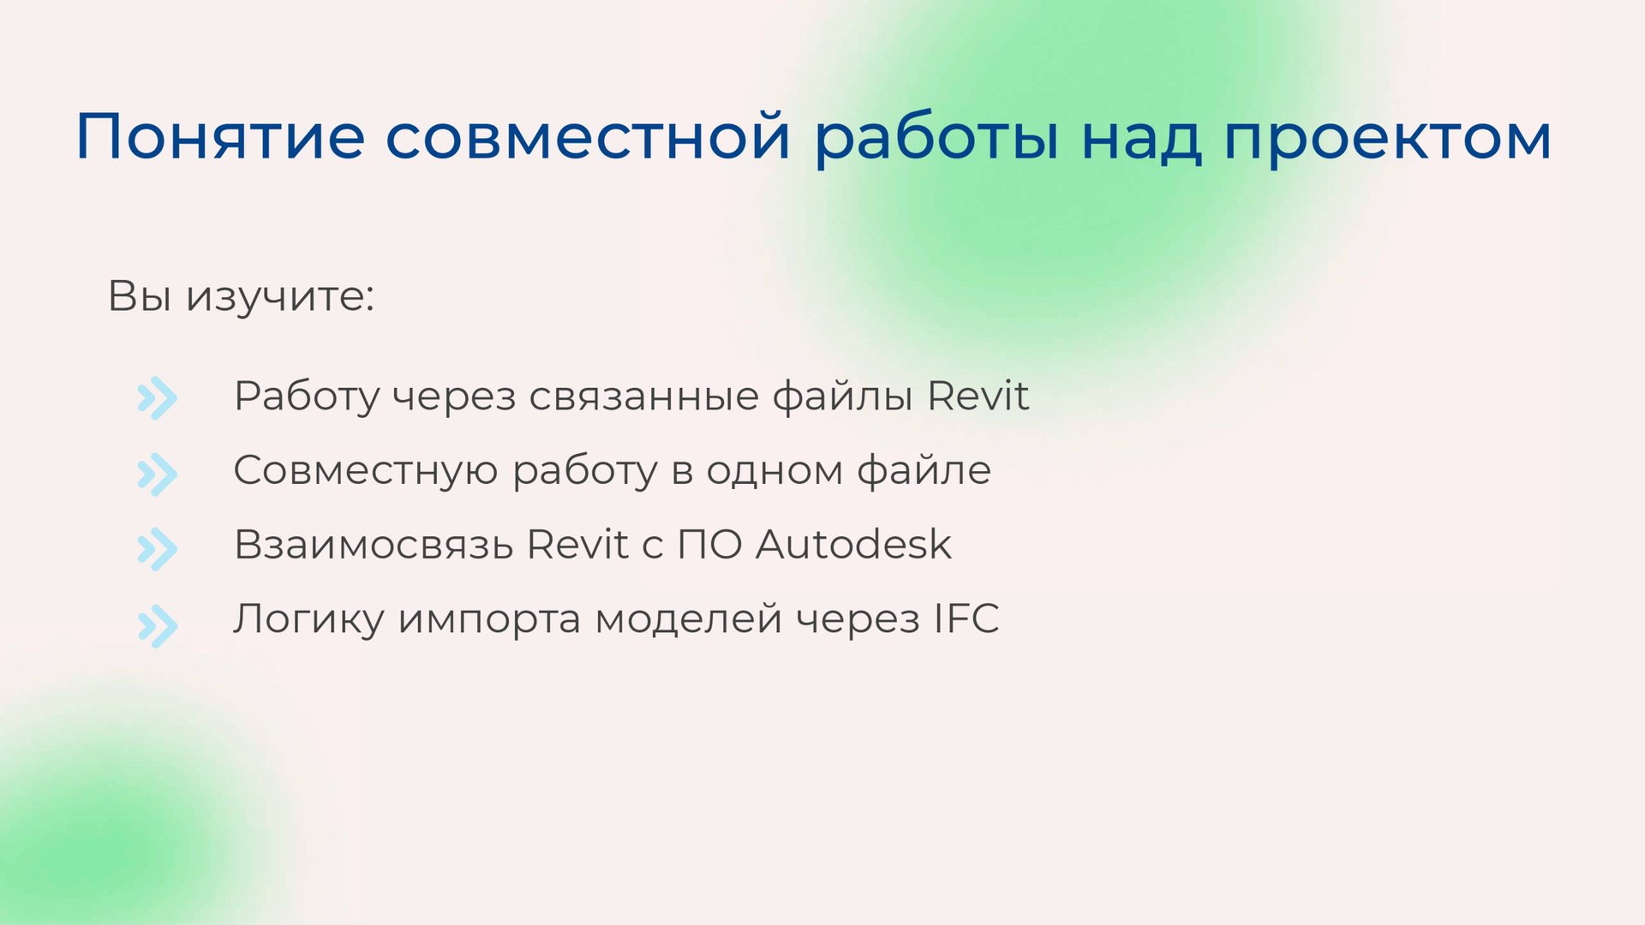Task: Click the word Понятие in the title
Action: tap(220, 137)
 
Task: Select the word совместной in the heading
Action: tap(587, 137)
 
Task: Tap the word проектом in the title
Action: tap(1387, 137)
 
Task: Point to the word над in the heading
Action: tap(1141, 137)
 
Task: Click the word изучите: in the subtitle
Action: tap(280, 296)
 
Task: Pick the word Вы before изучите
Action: tap(139, 296)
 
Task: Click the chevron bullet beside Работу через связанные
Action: tap(158, 398)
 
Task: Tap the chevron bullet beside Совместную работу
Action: tap(158, 474)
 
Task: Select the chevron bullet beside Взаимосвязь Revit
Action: tap(158, 549)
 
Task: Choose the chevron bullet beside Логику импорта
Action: tap(158, 625)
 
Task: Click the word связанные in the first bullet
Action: tap(643, 397)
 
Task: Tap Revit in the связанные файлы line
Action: tap(978, 396)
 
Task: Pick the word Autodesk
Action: tap(853, 545)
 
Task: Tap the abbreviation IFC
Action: tap(966, 618)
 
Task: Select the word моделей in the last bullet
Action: tap(688, 619)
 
